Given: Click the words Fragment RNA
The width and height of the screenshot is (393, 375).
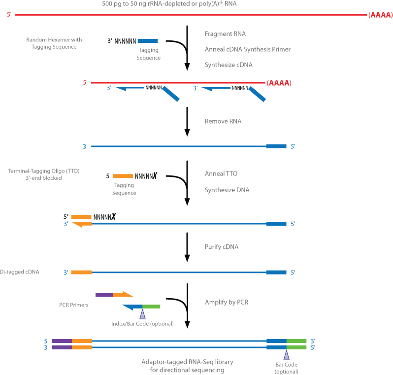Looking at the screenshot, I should (225, 34).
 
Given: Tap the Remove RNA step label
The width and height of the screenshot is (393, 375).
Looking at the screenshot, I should (223, 121).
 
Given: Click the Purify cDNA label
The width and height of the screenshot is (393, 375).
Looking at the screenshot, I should (222, 246).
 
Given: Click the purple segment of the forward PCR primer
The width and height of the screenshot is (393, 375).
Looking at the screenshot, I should (104, 295).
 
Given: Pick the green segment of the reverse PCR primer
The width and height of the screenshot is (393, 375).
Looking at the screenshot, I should (151, 307).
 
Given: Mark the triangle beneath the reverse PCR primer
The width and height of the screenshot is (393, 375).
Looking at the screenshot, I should (142, 314).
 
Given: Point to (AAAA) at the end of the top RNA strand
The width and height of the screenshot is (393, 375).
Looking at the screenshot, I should (380, 15).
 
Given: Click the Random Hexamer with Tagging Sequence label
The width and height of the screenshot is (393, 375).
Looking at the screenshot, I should (54, 43).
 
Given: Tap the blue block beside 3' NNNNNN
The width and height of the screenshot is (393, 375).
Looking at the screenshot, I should (148, 41).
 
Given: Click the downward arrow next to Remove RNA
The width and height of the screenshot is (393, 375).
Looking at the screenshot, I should (187, 121).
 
